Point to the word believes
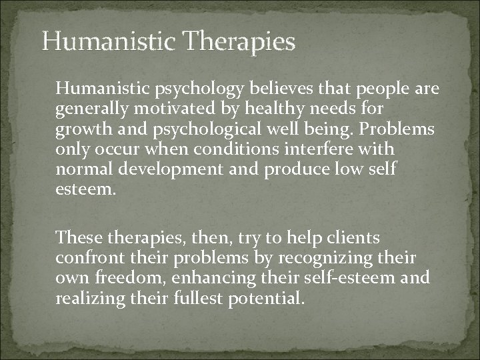click(x=258, y=88)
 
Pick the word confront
click(x=88, y=256)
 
